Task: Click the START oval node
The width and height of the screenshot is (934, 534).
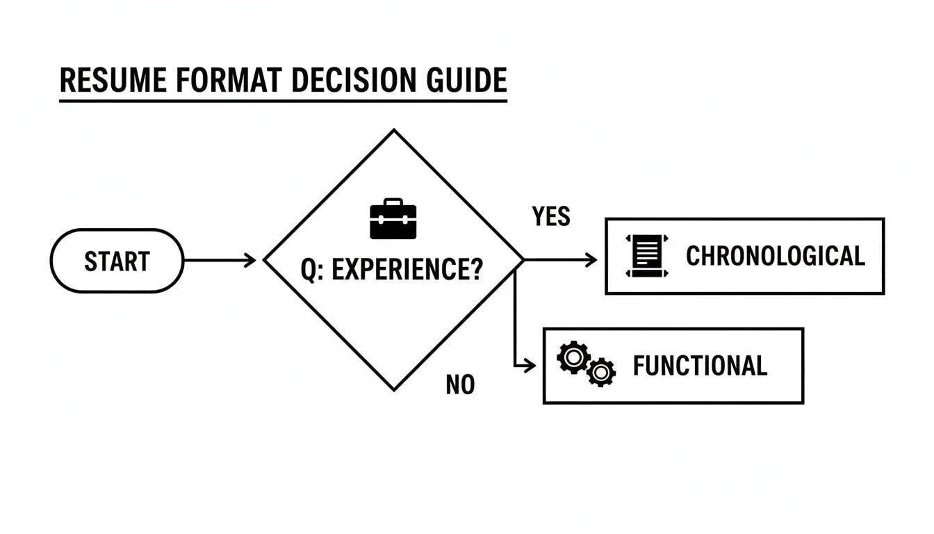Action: (x=117, y=261)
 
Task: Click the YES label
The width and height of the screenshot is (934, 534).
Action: (x=551, y=217)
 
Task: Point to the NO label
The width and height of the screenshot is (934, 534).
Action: (x=460, y=385)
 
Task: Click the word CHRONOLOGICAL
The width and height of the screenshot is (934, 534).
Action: (x=775, y=256)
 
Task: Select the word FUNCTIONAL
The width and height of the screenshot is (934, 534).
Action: (x=700, y=366)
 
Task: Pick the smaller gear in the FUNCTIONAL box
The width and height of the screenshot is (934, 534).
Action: (x=600, y=372)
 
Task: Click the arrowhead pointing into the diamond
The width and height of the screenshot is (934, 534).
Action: (x=251, y=261)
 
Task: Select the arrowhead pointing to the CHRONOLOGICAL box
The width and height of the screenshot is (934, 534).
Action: (x=591, y=260)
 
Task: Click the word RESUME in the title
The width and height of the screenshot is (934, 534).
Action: (x=113, y=81)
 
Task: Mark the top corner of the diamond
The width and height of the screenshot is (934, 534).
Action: (x=394, y=130)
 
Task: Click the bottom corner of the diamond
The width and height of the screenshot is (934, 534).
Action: (x=394, y=390)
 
